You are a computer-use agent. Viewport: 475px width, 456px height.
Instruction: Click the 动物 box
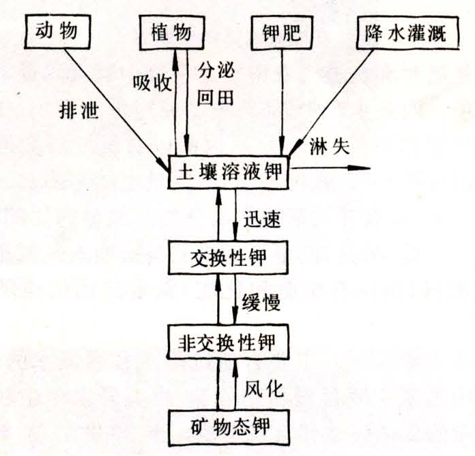(x=57, y=31)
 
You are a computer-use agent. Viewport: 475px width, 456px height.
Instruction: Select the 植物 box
(x=172, y=32)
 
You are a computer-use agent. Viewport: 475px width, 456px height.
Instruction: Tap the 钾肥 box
(x=282, y=32)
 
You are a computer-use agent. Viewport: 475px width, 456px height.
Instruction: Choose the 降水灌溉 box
(x=407, y=32)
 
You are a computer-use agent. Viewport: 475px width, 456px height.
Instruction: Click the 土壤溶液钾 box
(x=228, y=172)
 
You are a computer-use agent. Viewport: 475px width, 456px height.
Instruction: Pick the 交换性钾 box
(x=228, y=258)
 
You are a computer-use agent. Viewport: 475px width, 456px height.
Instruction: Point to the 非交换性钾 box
(x=227, y=343)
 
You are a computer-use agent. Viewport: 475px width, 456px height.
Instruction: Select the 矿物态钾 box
(x=229, y=427)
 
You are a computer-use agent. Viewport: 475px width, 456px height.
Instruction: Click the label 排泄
(x=79, y=110)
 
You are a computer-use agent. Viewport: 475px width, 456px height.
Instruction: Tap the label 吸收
(x=152, y=82)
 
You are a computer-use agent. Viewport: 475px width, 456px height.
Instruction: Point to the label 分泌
(x=216, y=70)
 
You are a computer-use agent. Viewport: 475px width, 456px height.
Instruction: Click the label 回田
(x=216, y=98)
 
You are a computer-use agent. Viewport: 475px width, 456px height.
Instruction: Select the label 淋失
(x=330, y=147)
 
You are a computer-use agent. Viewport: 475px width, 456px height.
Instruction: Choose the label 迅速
(x=262, y=219)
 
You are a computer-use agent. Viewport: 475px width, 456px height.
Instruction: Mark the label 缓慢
(x=261, y=302)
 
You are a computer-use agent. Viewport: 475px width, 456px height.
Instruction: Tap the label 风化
(x=264, y=388)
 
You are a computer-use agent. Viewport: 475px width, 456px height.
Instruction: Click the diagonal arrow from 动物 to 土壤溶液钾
(x=117, y=111)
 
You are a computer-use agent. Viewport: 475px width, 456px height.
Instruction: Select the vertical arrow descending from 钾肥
(x=282, y=103)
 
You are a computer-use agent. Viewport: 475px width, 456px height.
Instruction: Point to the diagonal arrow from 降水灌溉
(x=331, y=103)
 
